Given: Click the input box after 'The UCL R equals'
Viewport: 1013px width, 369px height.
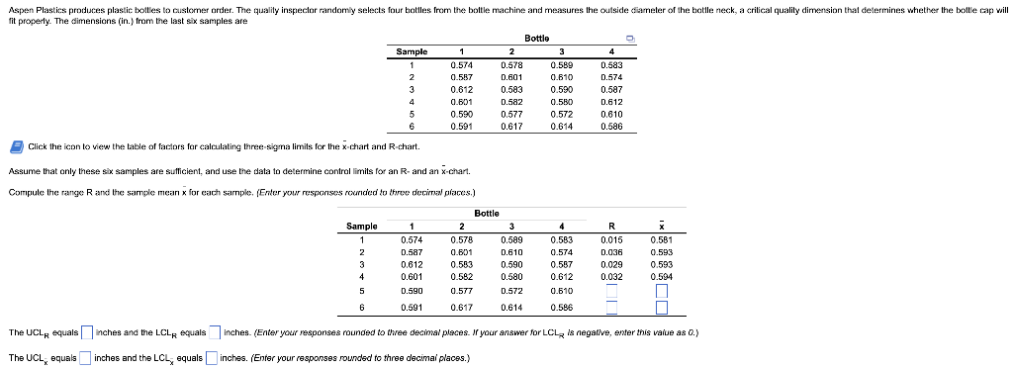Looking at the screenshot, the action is pyautogui.click(x=87, y=332).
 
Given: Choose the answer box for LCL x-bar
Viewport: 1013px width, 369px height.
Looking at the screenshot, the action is pyautogui.click(x=212, y=357).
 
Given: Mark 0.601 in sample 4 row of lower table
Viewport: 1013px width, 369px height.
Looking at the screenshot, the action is pyautogui.click(x=412, y=277).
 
